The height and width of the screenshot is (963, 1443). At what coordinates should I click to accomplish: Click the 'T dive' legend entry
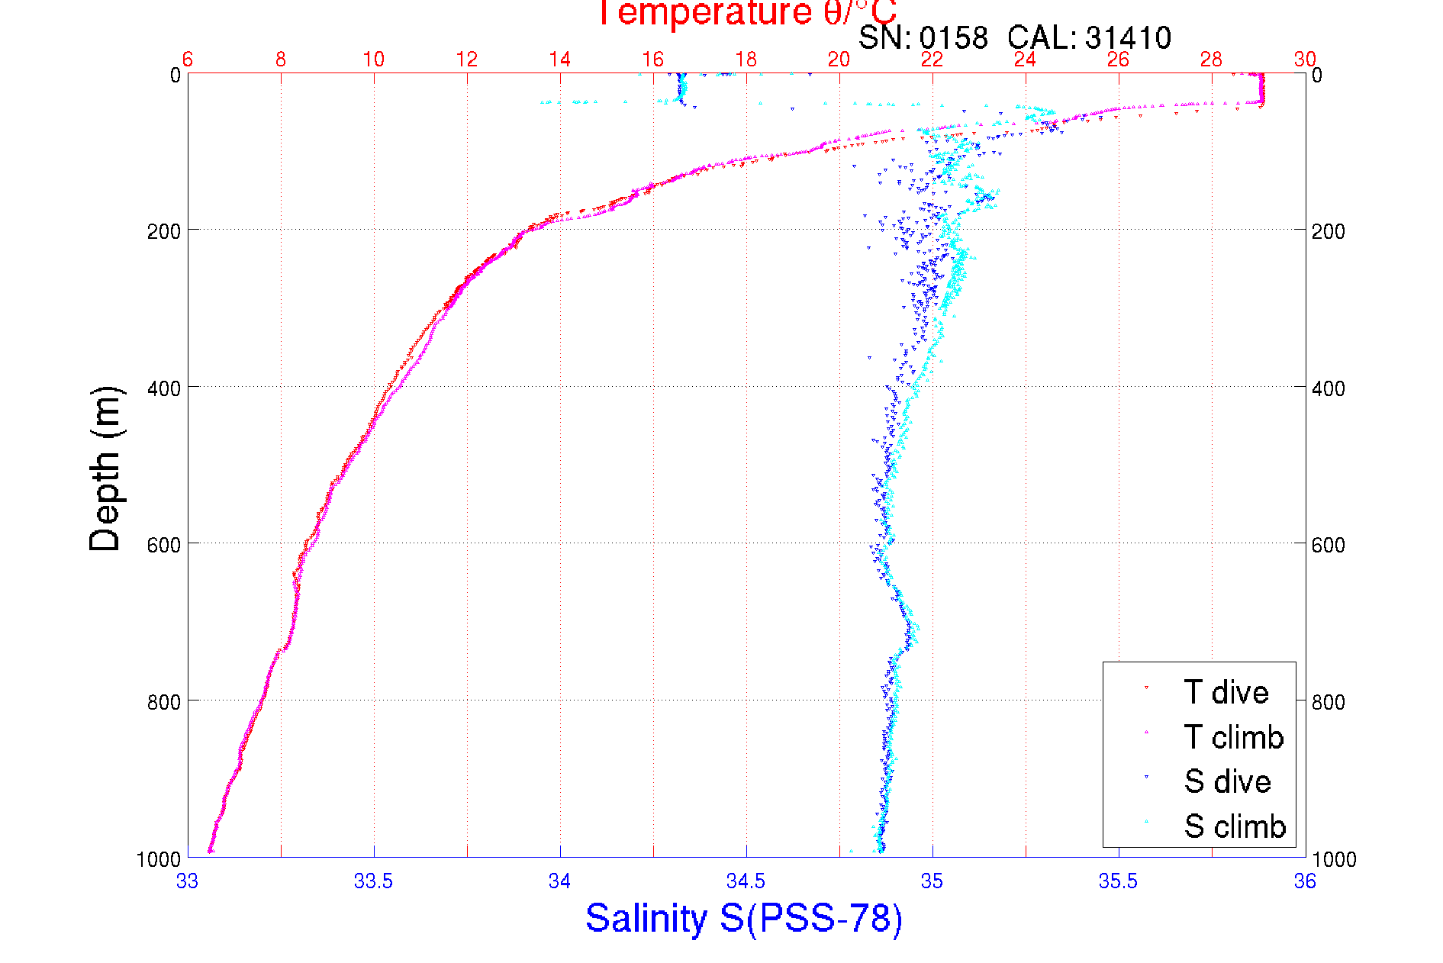point(1226,692)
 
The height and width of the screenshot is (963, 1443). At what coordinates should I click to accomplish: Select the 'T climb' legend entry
point(1233,737)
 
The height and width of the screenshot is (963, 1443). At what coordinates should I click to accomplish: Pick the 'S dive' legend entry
point(1227,781)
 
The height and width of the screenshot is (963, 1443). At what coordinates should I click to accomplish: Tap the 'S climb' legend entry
point(1235,826)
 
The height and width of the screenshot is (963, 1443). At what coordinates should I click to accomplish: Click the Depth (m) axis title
point(105,469)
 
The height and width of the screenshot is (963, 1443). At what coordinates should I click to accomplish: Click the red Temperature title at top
point(746,13)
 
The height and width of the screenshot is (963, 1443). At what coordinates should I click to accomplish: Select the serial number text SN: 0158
point(923,37)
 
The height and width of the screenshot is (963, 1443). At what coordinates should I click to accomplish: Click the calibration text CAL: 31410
point(1089,37)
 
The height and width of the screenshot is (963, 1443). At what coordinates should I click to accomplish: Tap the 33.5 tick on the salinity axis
point(373,881)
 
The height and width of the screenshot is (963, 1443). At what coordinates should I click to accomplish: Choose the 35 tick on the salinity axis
point(932,881)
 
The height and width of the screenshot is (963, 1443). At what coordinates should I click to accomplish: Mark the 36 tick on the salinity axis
point(1304,881)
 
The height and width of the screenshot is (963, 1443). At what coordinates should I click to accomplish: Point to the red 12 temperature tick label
point(467,60)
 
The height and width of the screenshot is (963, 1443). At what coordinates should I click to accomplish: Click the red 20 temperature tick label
point(839,60)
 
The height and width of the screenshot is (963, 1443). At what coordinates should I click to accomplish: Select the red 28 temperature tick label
point(1211,60)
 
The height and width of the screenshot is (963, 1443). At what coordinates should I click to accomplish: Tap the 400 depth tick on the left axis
point(163,388)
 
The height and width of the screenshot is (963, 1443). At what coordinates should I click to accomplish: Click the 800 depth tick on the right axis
point(1328,702)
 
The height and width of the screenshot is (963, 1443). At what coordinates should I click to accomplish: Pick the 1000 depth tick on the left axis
point(159,859)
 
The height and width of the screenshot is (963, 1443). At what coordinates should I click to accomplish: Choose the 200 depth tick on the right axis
point(1328,231)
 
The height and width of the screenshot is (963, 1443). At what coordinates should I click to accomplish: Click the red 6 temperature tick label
point(188,60)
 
